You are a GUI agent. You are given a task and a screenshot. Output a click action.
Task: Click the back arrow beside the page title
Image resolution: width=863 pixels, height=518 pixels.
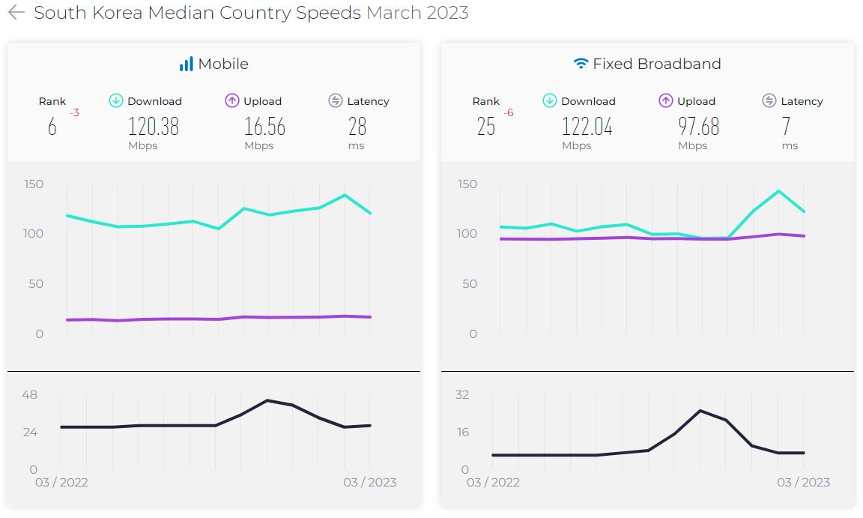tap(16, 13)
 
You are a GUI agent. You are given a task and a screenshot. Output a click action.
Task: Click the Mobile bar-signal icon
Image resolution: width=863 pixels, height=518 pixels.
tap(187, 64)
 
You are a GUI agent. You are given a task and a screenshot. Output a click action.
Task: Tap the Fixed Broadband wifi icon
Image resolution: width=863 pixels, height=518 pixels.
tap(581, 64)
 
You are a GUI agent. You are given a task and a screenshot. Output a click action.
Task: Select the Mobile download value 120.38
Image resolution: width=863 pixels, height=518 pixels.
tap(153, 127)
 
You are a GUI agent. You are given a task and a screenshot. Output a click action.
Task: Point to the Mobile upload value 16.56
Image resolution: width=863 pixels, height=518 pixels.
tap(264, 127)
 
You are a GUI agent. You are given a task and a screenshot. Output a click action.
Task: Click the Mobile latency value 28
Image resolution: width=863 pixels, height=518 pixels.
tap(357, 127)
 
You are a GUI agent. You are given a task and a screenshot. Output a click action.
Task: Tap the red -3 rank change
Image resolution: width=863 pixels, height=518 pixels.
tap(74, 113)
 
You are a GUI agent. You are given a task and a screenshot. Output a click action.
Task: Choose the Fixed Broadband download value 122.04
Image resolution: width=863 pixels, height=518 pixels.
tap(587, 127)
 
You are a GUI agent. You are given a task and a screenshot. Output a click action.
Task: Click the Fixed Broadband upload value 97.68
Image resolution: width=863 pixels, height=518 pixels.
tap(698, 127)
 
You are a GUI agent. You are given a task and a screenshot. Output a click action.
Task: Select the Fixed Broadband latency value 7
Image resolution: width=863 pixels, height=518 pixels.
tap(786, 127)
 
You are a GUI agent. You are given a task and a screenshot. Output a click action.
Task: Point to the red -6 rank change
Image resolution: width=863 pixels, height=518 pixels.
tap(509, 113)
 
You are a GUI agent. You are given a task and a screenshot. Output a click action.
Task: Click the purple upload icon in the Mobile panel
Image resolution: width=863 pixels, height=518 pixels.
tap(231, 100)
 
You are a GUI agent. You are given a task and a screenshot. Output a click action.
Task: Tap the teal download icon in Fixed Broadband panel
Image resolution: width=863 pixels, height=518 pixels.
tap(549, 100)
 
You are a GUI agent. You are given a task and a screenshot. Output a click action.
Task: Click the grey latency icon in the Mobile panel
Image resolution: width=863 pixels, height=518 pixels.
tap(336, 100)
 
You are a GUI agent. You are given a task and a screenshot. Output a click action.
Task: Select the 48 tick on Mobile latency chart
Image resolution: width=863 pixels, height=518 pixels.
tap(28, 395)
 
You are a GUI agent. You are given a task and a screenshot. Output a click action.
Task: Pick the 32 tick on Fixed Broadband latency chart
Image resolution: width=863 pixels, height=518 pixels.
tap(462, 395)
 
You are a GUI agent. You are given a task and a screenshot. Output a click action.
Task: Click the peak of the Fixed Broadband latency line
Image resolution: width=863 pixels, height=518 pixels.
tap(700, 410)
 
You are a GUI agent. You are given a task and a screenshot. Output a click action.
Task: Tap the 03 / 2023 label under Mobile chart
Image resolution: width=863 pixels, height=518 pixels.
tap(369, 482)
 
